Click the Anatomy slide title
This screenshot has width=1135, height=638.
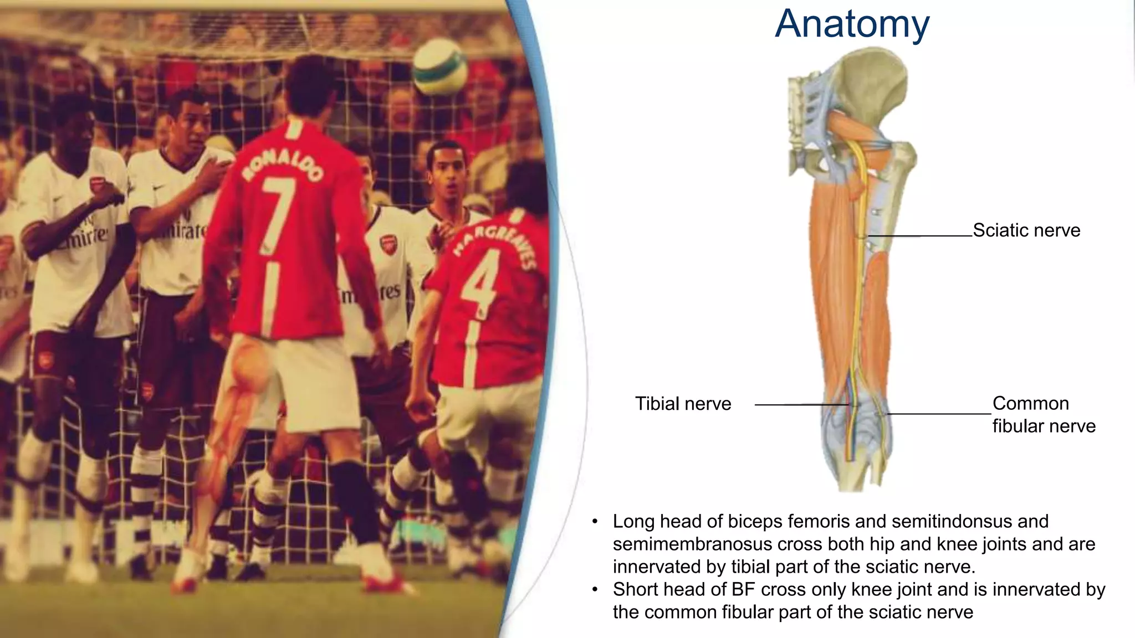tap(852, 24)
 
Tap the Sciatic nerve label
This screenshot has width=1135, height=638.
tap(1026, 230)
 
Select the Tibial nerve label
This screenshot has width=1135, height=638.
tap(683, 404)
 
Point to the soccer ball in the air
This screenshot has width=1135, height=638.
tap(439, 66)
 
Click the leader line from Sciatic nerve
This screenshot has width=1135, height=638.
tap(920, 236)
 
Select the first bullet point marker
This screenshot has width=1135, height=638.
tap(595, 522)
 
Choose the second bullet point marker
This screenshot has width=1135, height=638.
tap(595, 590)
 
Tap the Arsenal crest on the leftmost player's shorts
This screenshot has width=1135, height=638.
tap(44, 361)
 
